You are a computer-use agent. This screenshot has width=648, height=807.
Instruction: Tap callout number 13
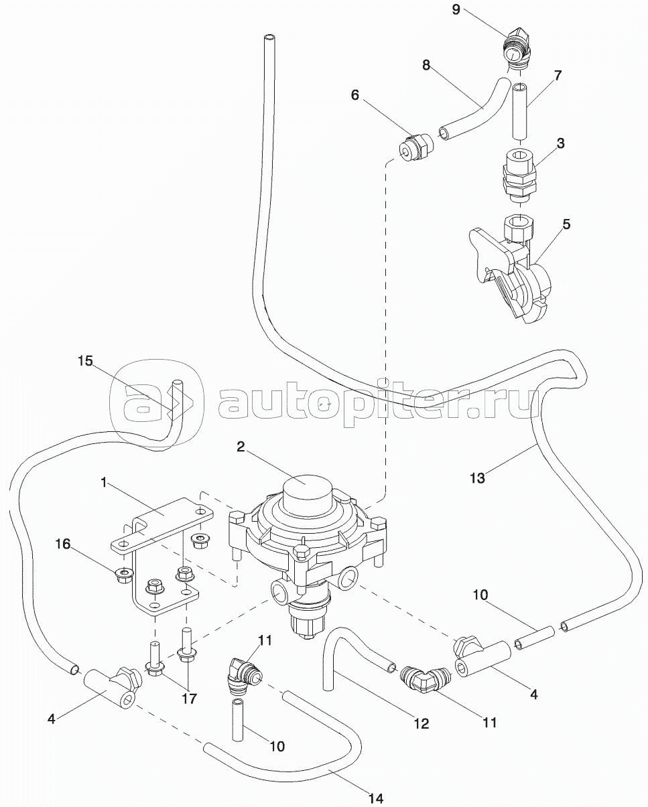tap(478, 478)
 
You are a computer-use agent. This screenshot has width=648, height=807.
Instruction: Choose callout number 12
tap(421, 724)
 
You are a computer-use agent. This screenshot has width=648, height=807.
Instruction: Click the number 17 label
tap(188, 699)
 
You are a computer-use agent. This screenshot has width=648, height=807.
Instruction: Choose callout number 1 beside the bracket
tap(104, 482)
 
